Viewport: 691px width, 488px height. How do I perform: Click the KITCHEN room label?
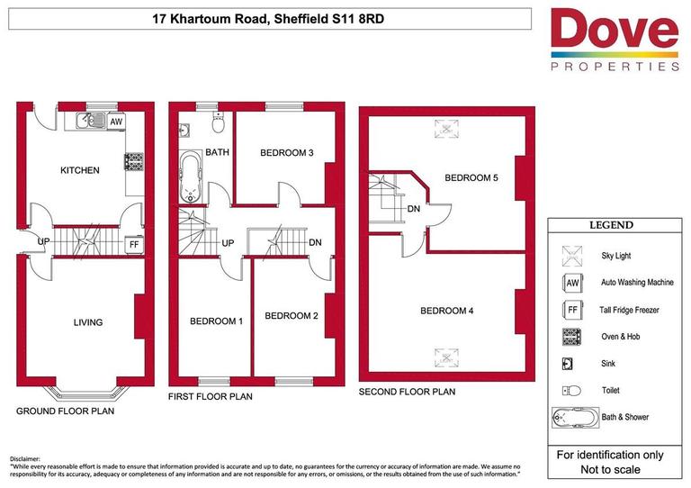click(79, 170)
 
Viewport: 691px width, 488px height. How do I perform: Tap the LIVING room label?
click(87, 322)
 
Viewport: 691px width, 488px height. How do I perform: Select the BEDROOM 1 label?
click(216, 321)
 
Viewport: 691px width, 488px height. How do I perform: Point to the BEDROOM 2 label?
click(292, 316)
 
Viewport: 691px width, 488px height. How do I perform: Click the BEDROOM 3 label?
click(286, 153)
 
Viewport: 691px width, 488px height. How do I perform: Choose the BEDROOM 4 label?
click(447, 311)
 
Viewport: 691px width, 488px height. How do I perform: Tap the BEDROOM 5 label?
click(471, 178)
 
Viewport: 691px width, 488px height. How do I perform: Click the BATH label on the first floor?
click(218, 153)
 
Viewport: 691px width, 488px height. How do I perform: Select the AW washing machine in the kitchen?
click(116, 121)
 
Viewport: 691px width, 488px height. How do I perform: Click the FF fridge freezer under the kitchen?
click(133, 243)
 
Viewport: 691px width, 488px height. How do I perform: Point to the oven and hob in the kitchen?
click(134, 161)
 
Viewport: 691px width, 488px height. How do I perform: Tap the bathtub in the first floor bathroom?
click(192, 177)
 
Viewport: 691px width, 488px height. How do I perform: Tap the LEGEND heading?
click(611, 225)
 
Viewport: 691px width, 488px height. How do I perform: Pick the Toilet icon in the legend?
click(571, 391)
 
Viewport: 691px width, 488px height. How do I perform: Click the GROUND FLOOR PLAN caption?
click(65, 411)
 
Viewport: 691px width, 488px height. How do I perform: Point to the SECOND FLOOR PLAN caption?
click(407, 392)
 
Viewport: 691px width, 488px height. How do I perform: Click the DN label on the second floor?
click(414, 210)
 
